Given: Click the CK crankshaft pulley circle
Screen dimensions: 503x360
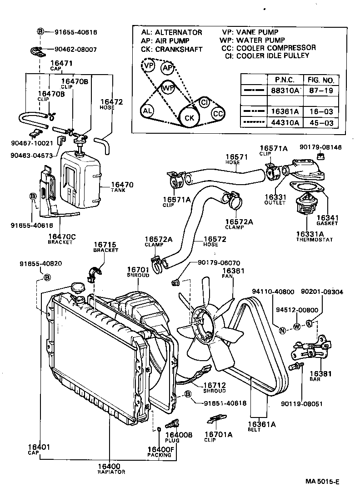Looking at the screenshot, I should pyautogui.click(x=188, y=117).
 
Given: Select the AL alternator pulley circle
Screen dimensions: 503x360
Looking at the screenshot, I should pyautogui.click(x=147, y=111).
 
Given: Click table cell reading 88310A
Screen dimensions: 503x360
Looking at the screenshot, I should pyautogui.click(x=285, y=90).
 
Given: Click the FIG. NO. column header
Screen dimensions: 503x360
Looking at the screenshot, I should pyautogui.click(x=320, y=80).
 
